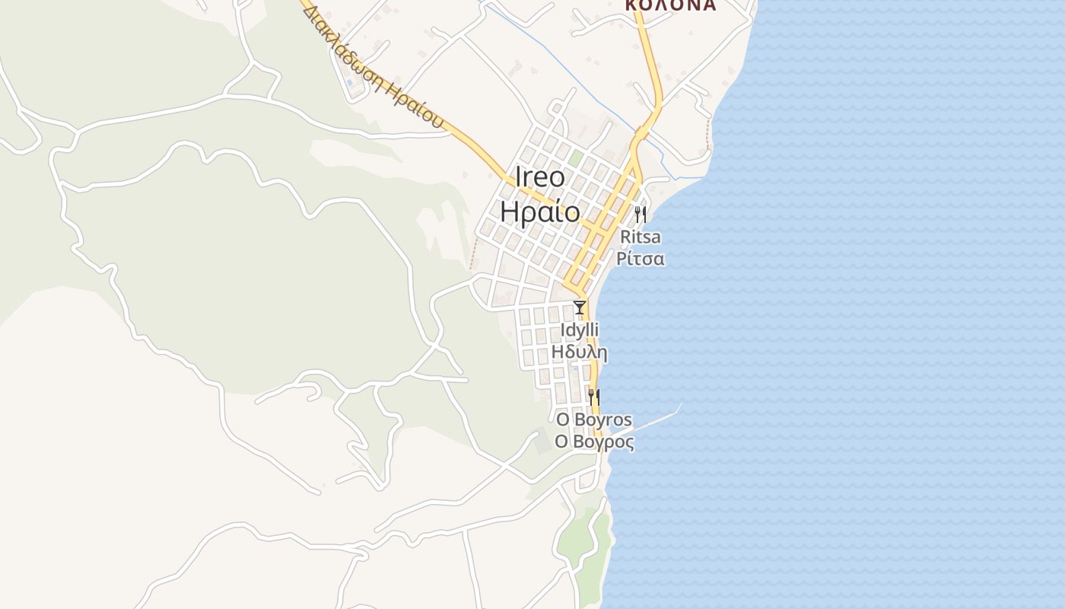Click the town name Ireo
[x=541, y=178]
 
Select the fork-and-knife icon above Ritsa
[x=641, y=214]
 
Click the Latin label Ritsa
[x=641, y=237]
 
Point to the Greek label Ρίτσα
[x=641, y=259]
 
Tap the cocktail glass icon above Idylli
[x=580, y=308]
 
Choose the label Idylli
[x=580, y=330]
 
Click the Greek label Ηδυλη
[x=580, y=352]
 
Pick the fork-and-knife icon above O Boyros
[x=594, y=397]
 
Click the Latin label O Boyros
[x=594, y=420]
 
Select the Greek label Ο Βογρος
[x=594, y=442]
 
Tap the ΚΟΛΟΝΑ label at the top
[x=670, y=5]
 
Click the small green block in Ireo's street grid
[x=576, y=158]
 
